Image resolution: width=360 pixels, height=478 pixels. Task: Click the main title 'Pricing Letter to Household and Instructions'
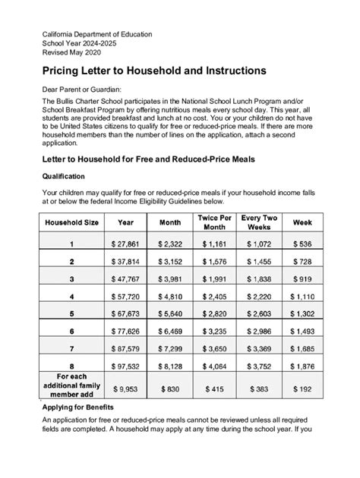[x=153, y=70]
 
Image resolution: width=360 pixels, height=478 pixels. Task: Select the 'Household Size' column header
[x=71, y=222]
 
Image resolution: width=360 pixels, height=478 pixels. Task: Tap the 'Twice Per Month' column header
[x=216, y=222]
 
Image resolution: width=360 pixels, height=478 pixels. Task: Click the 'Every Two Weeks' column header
[x=259, y=222]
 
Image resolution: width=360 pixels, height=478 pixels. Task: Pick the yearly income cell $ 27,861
[x=125, y=244]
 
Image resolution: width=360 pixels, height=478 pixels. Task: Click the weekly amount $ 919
[x=302, y=278]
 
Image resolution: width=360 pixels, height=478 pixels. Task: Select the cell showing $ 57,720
[x=125, y=295]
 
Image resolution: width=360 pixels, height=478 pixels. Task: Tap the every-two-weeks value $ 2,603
[x=259, y=313]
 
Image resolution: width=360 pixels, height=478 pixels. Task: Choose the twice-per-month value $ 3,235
[x=216, y=330]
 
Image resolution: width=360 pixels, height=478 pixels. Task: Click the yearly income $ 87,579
[x=125, y=347]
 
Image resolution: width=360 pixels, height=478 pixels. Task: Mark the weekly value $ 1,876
[x=302, y=365]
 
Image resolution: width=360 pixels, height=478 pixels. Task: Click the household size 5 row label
[x=71, y=313]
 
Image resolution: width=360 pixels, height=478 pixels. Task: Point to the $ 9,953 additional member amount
[x=125, y=388]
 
